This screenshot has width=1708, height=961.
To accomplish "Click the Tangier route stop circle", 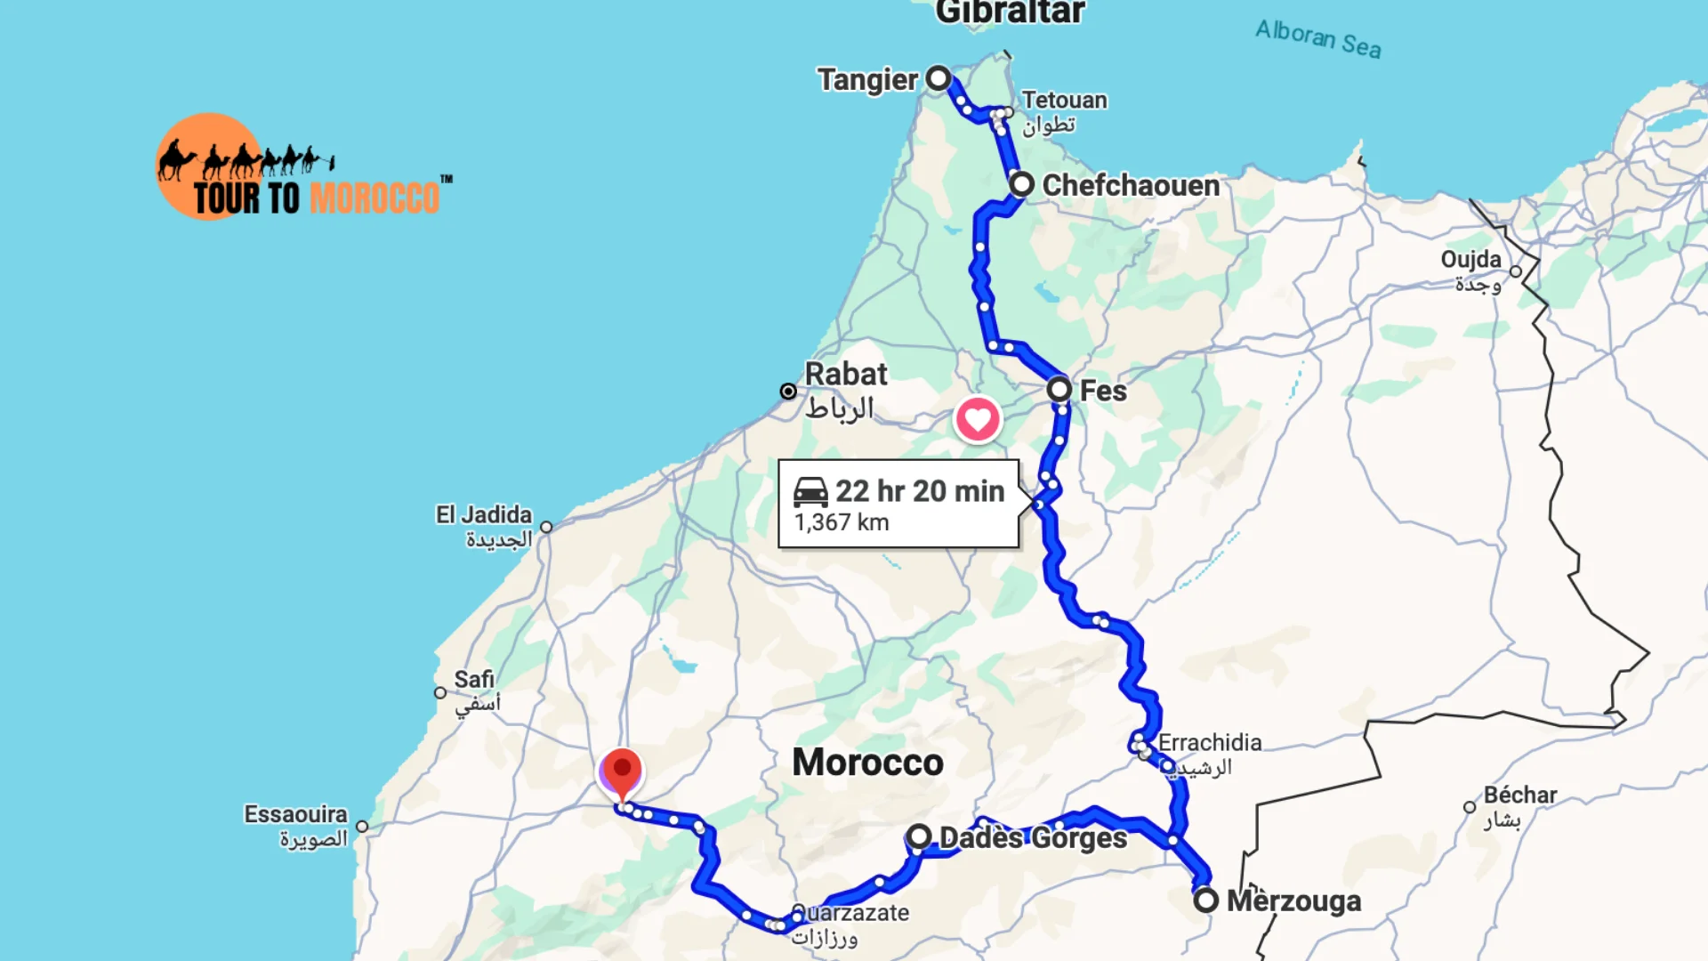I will pyautogui.click(x=939, y=78).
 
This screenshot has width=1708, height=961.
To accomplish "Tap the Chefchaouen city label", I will pyautogui.click(x=1131, y=185).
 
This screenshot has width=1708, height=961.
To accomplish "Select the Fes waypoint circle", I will pyautogui.click(x=1059, y=389).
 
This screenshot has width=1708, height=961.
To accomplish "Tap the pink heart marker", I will pyautogui.click(x=978, y=419).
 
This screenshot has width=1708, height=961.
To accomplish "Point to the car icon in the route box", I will pyautogui.click(x=810, y=491).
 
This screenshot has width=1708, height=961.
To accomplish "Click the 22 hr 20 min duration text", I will pyautogui.click(x=920, y=491).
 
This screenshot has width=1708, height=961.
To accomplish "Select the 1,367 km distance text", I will pyautogui.click(x=842, y=522).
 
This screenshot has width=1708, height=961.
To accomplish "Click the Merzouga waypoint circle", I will pyautogui.click(x=1205, y=900).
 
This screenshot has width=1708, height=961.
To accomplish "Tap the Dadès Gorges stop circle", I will pyautogui.click(x=919, y=836).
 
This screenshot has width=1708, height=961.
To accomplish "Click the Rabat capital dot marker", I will pyautogui.click(x=788, y=392).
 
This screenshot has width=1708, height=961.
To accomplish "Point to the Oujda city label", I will pyautogui.click(x=1470, y=260).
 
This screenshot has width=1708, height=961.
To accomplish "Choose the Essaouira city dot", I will pyautogui.click(x=362, y=827).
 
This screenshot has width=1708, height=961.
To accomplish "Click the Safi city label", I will pyautogui.click(x=474, y=680).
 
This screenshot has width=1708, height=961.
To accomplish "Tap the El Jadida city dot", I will pyautogui.click(x=546, y=527).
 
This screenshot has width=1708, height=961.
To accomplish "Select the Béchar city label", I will pyautogui.click(x=1520, y=795).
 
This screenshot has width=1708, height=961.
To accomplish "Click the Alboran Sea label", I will pyautogui.click(x=1318, y=39).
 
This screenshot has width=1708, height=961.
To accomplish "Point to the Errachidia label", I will pyautogui.click(x=1210, y=742).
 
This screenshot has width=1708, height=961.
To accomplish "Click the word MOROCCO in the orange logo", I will pyautogui.click(x=375, y=198).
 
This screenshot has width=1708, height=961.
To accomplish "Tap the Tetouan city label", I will pyautogui.click(x=1064, y=100).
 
